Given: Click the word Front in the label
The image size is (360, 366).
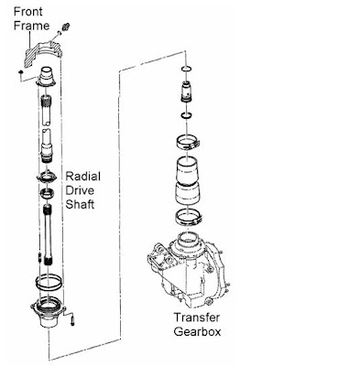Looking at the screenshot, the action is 28,12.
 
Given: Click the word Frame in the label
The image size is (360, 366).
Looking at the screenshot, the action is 31,26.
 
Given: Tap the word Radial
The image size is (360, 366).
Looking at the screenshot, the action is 83,177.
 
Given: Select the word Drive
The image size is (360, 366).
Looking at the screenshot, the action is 80,190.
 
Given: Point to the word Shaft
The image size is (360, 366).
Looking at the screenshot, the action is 80,204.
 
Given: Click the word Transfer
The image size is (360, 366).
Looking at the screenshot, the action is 197,318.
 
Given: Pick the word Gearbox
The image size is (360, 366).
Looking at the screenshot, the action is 197,331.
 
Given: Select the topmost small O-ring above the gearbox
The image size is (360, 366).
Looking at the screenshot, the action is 186,69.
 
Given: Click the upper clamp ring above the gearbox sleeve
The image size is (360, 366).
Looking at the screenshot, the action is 188,143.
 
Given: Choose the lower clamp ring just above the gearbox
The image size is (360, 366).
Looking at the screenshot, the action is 188,217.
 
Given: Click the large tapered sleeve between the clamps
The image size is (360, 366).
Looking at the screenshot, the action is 188,180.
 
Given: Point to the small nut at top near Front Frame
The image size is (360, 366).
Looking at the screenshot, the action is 64,27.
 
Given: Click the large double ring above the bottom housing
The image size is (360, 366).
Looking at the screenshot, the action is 49,283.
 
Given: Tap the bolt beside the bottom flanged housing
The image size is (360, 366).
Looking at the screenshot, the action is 72,321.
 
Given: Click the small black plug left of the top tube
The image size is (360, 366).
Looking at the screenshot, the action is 20,72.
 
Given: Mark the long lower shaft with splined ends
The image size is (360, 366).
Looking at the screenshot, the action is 48,235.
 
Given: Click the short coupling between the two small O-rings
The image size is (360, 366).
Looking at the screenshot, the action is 186,91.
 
